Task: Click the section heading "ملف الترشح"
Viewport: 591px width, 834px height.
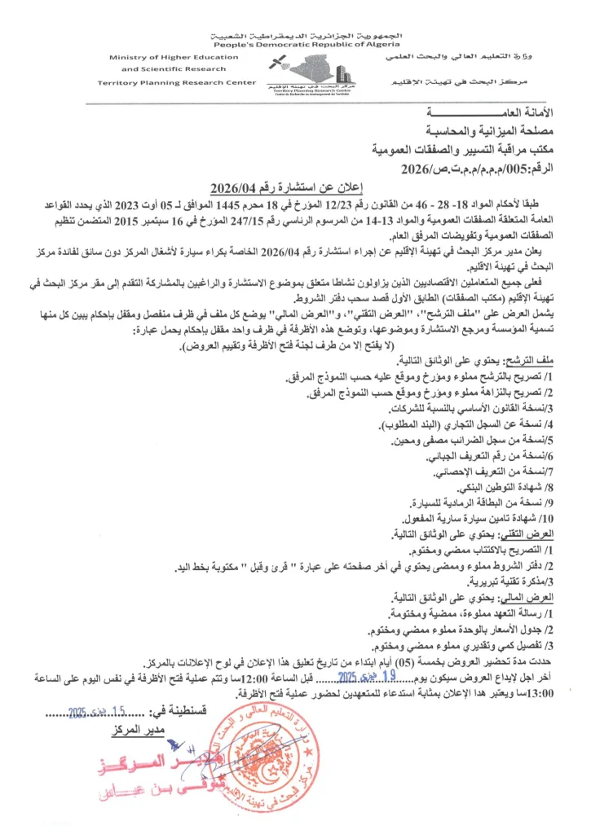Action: (547, 361)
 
